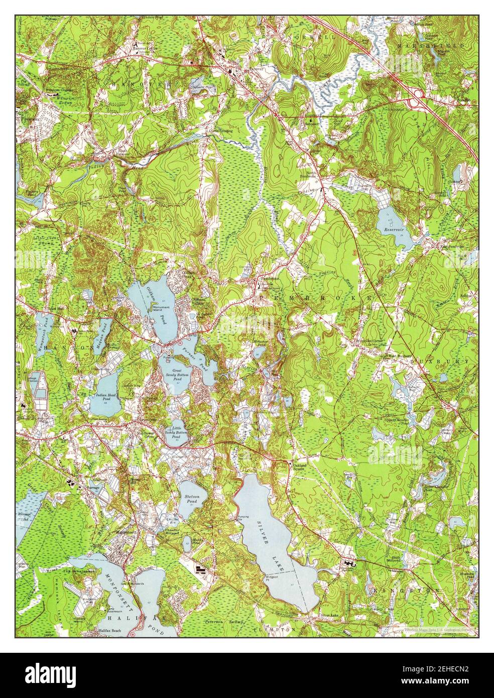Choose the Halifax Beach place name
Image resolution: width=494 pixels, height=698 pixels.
coord(110,630)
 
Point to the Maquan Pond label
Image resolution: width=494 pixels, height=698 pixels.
coord(104,329)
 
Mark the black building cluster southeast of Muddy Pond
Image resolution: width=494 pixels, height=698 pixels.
coord(202,569)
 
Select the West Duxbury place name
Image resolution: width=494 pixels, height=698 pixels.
coord(399,356)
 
